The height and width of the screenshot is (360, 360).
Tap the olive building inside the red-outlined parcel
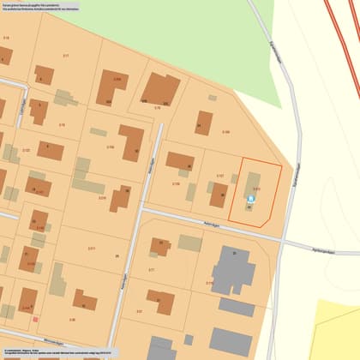255,184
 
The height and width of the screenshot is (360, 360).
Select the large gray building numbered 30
232,272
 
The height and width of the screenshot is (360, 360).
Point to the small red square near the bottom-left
35,319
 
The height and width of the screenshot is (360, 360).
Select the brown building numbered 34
203,123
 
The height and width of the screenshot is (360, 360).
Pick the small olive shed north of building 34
213,98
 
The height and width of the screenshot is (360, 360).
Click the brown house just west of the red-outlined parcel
219,195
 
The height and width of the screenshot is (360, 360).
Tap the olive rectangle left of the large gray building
190,243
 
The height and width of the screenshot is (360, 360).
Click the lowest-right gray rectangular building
231,341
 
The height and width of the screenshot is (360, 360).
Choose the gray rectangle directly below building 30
236,306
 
